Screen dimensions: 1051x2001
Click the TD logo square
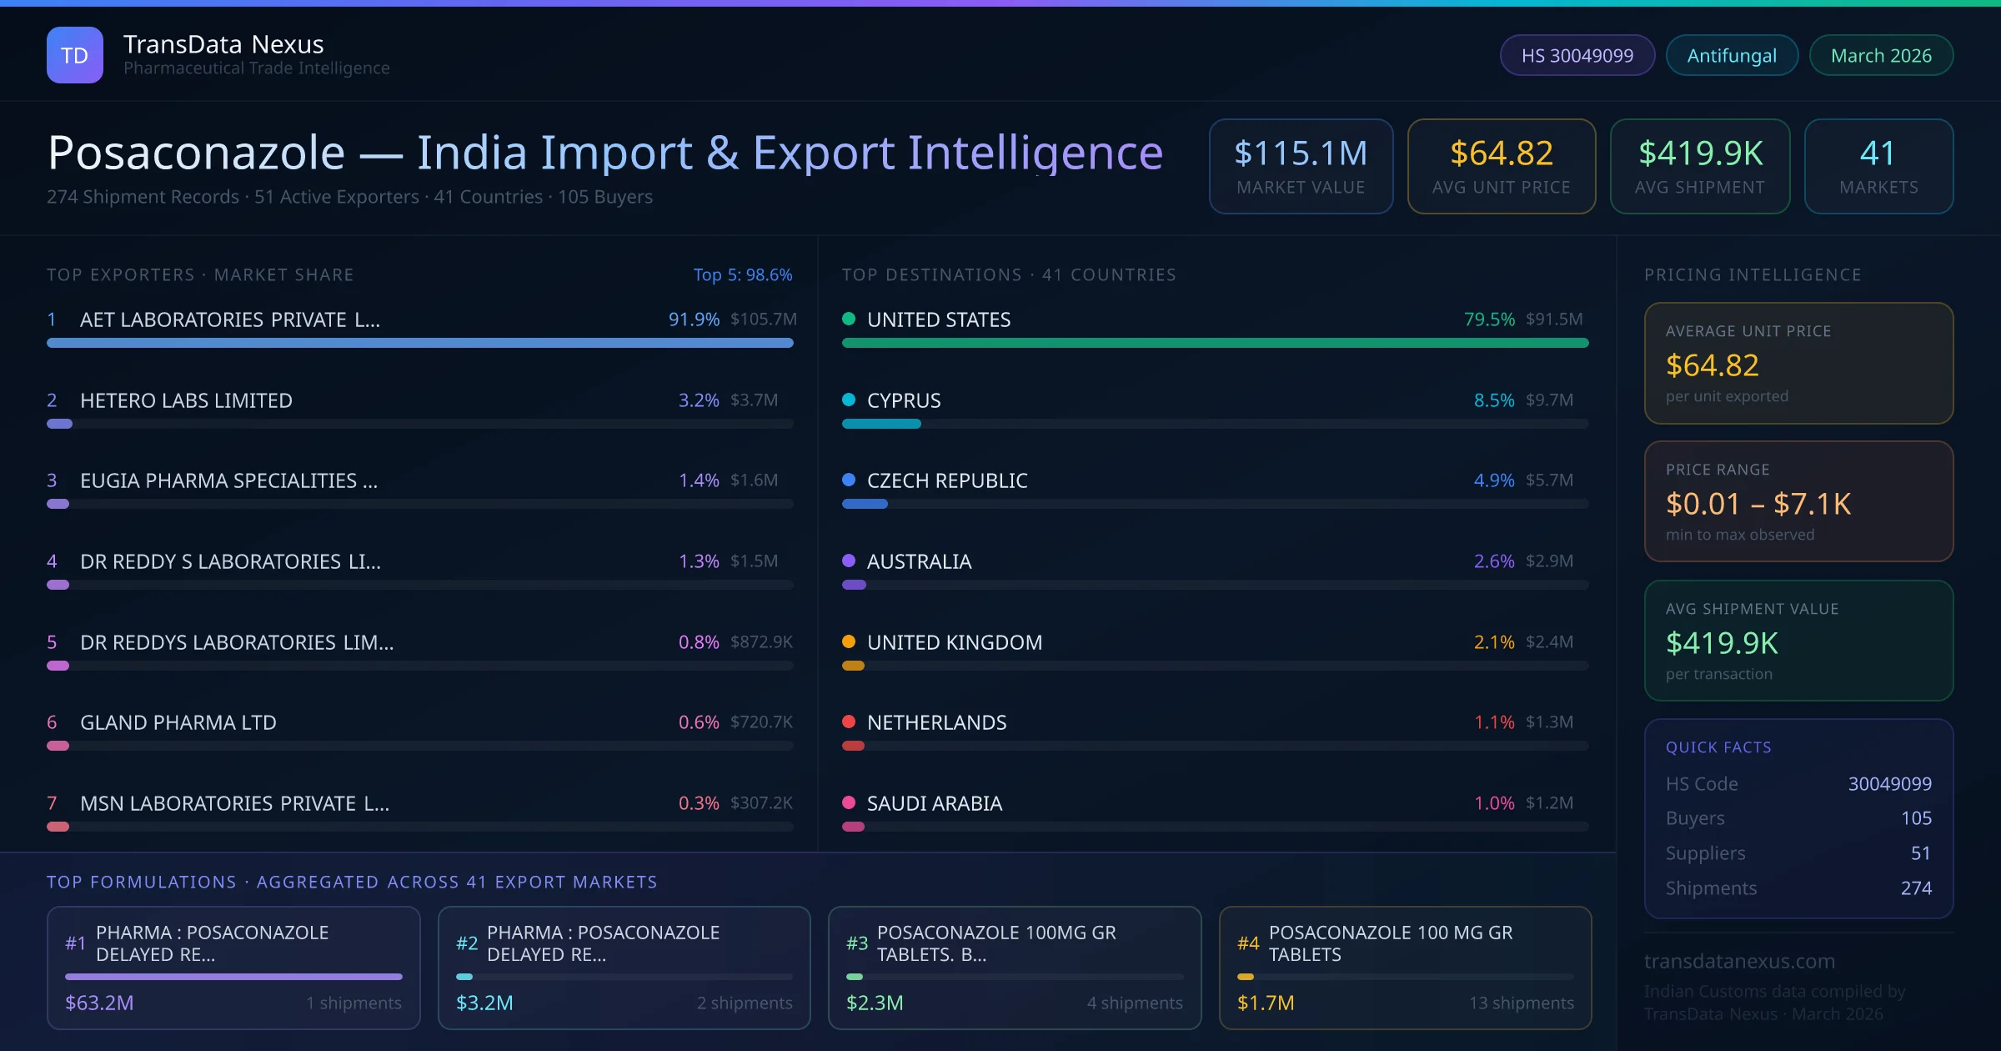coord(75,55)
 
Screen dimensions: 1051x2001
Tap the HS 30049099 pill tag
coord(1577,55)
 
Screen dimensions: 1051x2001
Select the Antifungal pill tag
coord(1732,55)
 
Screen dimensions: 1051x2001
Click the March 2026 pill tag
coord(1881,55)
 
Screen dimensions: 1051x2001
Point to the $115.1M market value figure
coord(1301,153)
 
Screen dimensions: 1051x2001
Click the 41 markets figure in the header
coord(1878,153)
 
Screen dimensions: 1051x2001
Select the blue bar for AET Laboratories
coord(420,343)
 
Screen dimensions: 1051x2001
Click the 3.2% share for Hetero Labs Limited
coord(699,400)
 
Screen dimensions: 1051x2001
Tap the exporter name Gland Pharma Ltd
coord(178,722)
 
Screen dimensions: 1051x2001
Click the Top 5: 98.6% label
coord(743,274)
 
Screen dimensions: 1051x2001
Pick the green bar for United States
coord(1215,343)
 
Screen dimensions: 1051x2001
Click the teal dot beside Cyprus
coord(849,400)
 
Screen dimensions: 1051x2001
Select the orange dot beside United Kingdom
coord(849,641)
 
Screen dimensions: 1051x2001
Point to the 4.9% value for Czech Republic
coord(1494,480)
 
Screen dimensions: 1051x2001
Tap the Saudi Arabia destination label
coord(935,803)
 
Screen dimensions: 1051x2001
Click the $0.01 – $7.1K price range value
coord(1758,504)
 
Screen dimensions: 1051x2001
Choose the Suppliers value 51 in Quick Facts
coord(1921,852)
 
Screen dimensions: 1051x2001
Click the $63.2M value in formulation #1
coord(99,1003)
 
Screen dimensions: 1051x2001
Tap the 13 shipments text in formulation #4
coord(1522,1003)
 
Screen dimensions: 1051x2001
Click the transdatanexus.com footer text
coord(1739,961)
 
